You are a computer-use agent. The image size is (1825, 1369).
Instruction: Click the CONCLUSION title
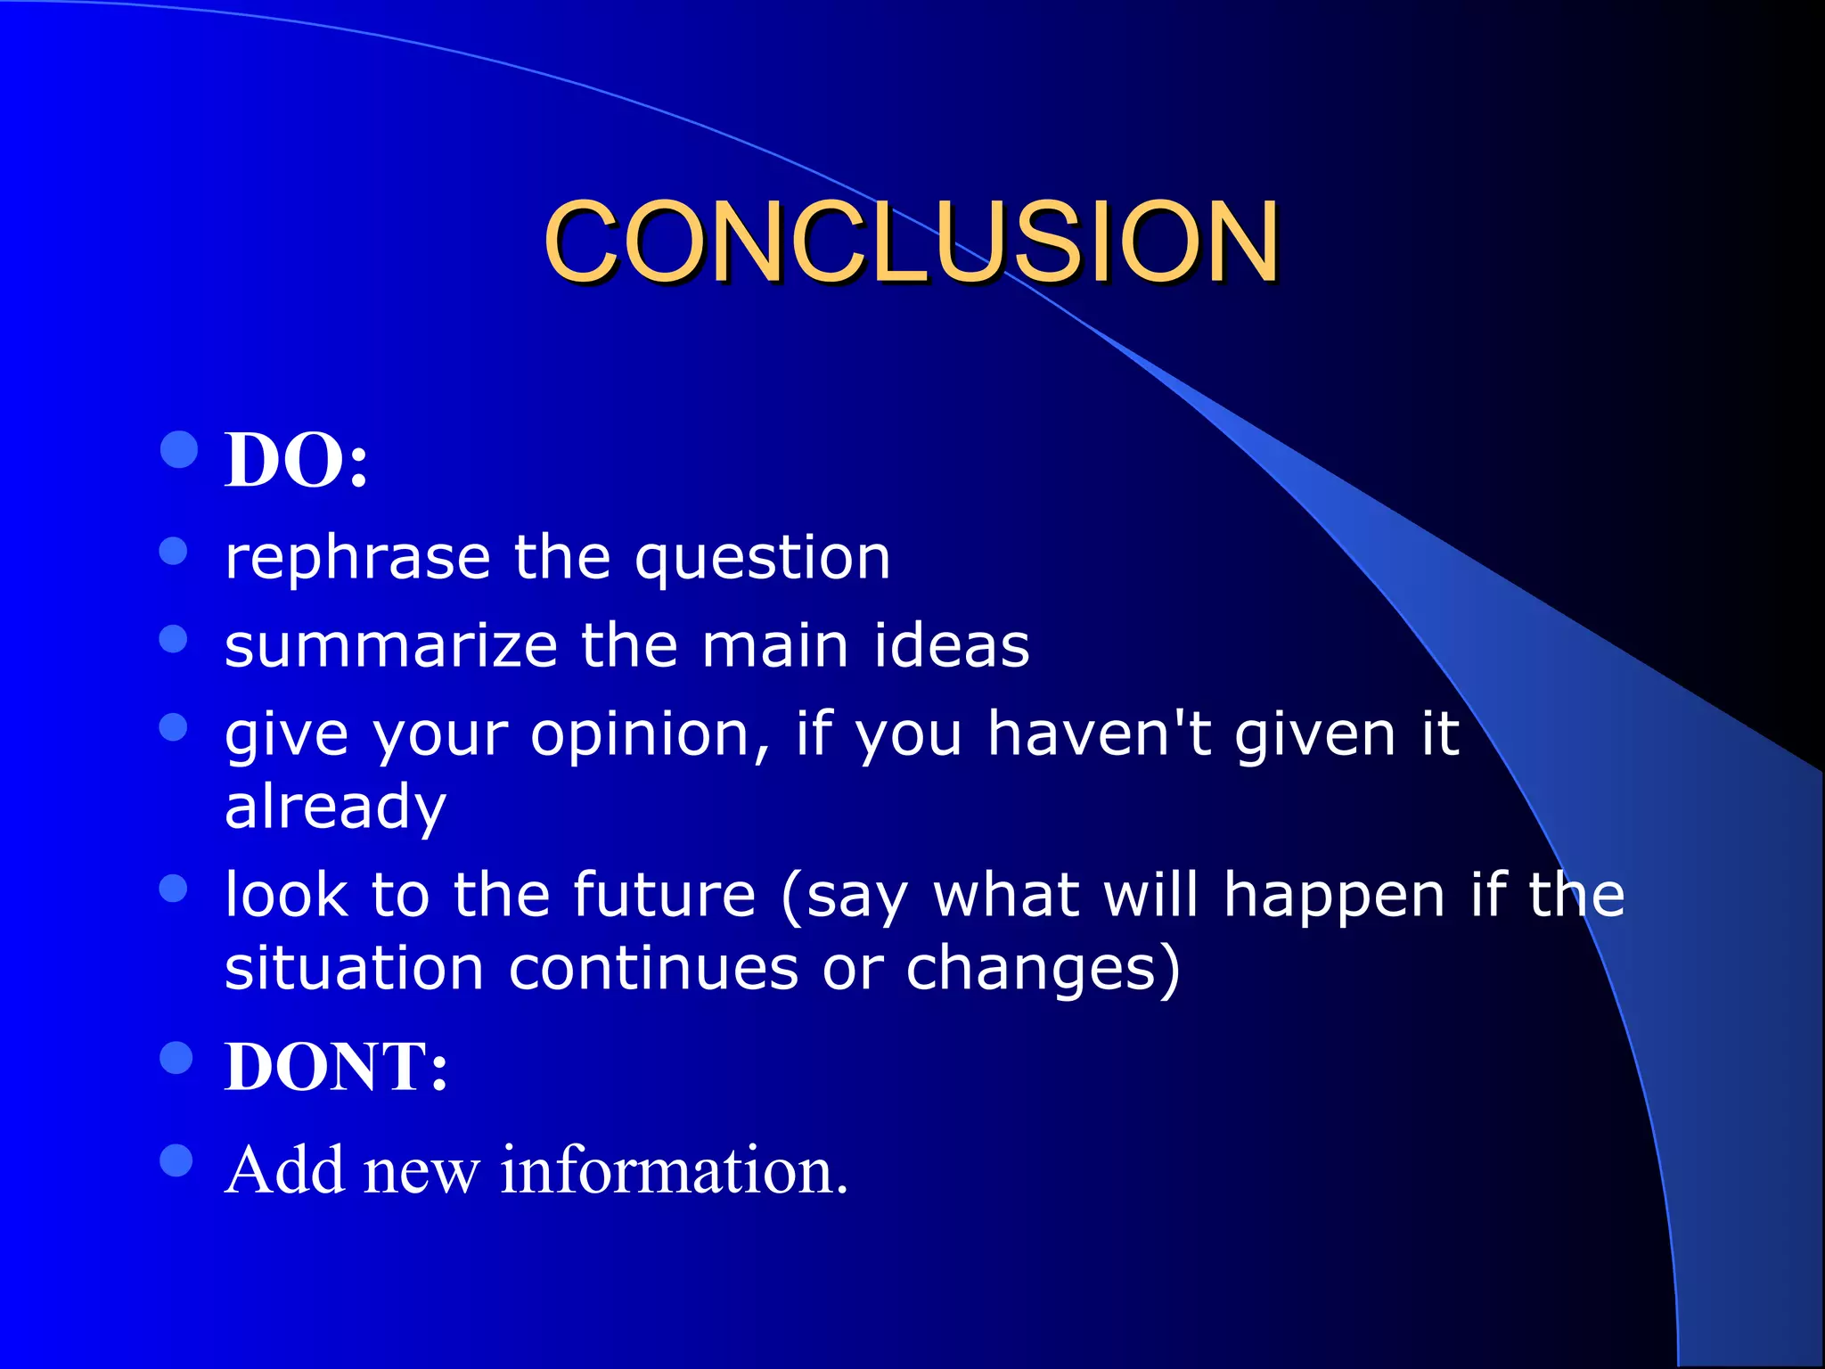(911, 242)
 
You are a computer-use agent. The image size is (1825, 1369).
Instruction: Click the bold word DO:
(296, 460)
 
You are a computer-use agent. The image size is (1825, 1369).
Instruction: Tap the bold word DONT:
(336, 1067)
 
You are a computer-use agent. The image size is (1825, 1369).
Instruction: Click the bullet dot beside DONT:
(176, 1058)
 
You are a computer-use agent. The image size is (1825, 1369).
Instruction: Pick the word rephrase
(357, 559)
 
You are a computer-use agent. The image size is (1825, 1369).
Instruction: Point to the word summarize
(390, 645)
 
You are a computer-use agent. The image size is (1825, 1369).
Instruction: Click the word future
(664, 895)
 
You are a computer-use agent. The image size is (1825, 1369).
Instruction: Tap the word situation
(354, 968)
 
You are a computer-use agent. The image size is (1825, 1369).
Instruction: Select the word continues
(653, 969)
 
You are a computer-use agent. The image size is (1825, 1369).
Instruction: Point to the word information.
(674, 1169)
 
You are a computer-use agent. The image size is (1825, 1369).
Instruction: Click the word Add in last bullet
(284, 1169)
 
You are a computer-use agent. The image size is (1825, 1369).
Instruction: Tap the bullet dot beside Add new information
(176, 1160)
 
